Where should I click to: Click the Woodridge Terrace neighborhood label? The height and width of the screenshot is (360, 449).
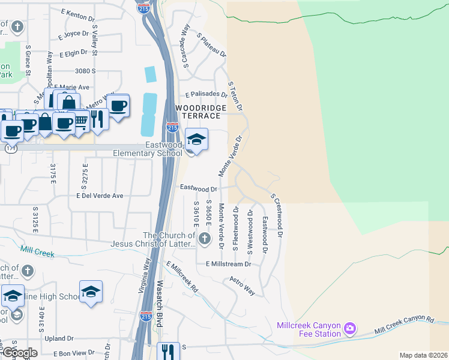pyautogui.click(x=200, y=112)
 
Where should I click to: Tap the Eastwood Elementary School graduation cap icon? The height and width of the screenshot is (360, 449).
pyautogui.click(x=196, y=140)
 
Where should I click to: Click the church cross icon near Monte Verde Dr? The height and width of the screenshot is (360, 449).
pyautogui.click(x=205, y=239)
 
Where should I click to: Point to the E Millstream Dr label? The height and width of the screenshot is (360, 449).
pyautogui.click(x=228, y=263)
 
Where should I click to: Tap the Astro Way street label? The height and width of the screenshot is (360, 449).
pyautogui.click(x=243, y=286)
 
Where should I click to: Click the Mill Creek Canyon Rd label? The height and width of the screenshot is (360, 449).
pyautogui.click(x=403, y=325)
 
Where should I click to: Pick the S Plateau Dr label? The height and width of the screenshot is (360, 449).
pyautogui.click(x=212, y=45)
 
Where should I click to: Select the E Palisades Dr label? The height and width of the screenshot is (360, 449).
pyautogui.click(x=206, y=95)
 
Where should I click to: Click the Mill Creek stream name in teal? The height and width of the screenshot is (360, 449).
pyautogui.click(x=37, y=251)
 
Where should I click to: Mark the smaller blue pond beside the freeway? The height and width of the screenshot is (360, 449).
pyautogui.click(x=150, y=74)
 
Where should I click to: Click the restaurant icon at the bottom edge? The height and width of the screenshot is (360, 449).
pyautogui.click(x=167, y=351)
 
